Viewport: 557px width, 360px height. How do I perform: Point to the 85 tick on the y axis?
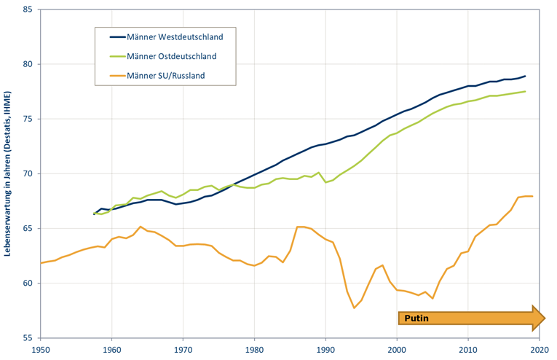tap(27, 9)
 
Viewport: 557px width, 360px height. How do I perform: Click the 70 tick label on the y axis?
tap(27, 173)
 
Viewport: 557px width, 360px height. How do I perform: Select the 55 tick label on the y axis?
tap(27, 338)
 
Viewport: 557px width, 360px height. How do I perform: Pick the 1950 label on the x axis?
tap(40, 350)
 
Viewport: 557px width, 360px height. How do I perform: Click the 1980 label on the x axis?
tap(254, 350)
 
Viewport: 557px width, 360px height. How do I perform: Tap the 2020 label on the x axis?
tap(540, 350)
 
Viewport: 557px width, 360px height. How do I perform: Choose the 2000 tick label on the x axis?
tap(397, 350)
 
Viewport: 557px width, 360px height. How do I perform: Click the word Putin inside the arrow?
tap(416, 318)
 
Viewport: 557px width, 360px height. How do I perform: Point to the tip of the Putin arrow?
tap(545, 318)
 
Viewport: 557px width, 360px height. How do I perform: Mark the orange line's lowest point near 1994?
tap(354, 308)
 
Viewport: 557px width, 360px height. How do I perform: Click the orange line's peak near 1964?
tap(141, 227)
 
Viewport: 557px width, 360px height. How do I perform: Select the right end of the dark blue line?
tap(526, 76)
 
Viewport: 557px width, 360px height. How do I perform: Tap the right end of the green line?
tap(526, 91)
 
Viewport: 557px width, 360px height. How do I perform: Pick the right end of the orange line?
tap(532, 196)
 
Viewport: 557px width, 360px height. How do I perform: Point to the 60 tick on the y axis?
tap(27, 283)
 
